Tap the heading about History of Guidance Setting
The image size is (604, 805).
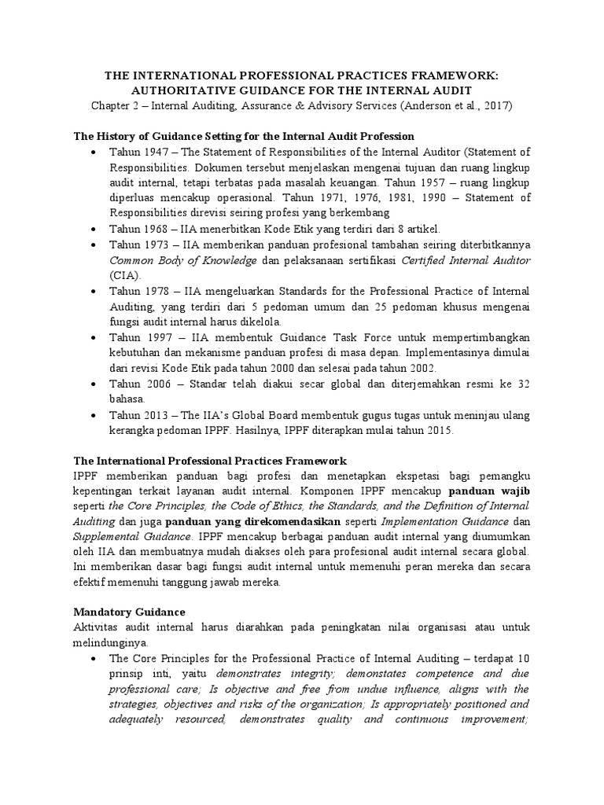(x=243, y=136)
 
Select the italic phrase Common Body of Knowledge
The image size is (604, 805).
(x=182, y=259)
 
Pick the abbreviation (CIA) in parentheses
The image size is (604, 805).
(x=124, y=275)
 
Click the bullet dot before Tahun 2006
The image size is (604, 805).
(x=94, y=384)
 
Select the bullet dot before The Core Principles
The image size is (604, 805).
(x=94, y=659)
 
